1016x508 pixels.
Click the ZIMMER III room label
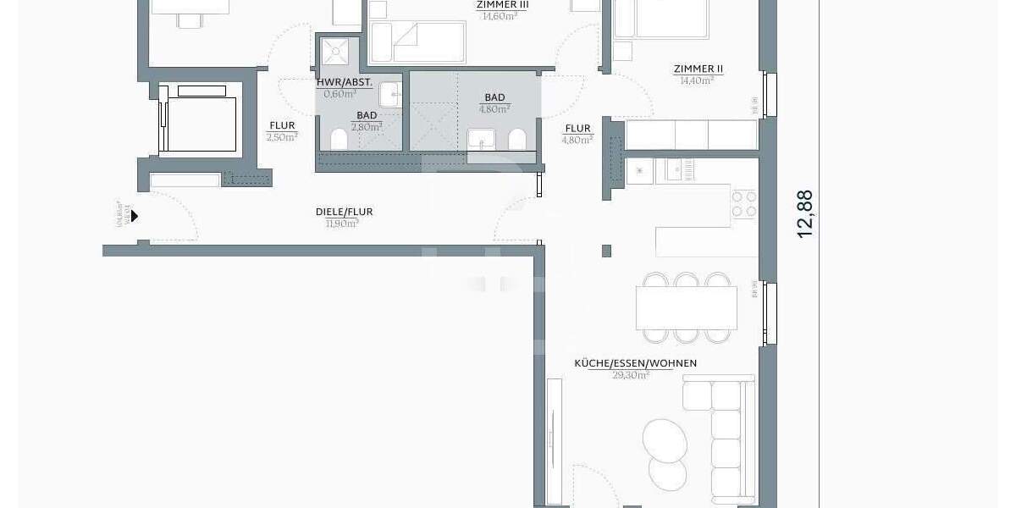click(503, 4)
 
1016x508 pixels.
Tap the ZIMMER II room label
click(698, 69)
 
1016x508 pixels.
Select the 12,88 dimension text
click(805, 213)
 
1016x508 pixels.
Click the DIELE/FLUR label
click(344, 212)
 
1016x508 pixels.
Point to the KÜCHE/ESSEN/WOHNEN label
click(635, 363)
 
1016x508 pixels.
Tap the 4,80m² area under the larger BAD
click(494, 108)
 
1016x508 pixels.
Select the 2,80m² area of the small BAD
click(367, 126)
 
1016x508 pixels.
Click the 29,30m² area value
click(631, 374)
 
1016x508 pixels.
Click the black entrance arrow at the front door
click(134, 216)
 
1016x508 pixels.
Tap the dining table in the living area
click(686, 307)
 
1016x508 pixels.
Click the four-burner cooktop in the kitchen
click(743, 204)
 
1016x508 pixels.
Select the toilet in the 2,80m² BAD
click(339, 140)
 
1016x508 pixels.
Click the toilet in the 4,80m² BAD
click(516, 140)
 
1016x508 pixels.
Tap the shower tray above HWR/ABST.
click(337, 52)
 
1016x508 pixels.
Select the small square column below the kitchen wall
click(606, 251)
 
